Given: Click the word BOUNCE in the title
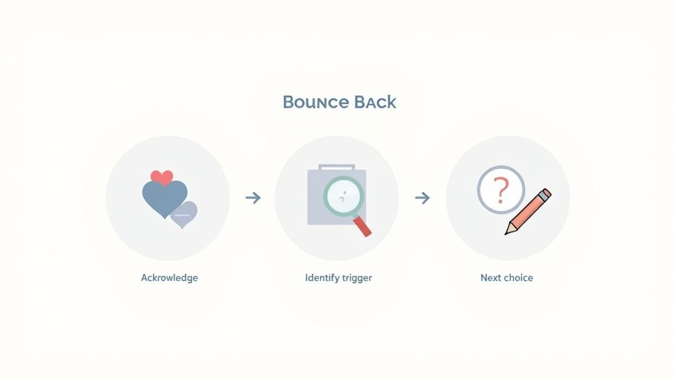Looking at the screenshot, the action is pos(316,102).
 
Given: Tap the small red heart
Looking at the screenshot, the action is pos(162,177).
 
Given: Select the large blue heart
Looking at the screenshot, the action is pos(164,198).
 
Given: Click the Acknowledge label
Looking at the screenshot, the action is pos(170,278).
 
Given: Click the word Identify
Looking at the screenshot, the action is pos(322,278).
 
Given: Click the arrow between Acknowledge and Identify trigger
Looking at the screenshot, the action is pos(253,198).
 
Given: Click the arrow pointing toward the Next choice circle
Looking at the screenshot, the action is pos(422,198).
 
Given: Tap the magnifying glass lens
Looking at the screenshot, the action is pos(343,197).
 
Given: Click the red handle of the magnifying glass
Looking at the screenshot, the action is pos(362,227).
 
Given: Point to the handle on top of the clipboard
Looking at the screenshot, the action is pos(337,167).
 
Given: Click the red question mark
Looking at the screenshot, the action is pos(501,190).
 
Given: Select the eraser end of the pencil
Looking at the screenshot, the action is pos(545,195).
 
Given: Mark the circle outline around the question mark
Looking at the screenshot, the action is pos(478,189).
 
